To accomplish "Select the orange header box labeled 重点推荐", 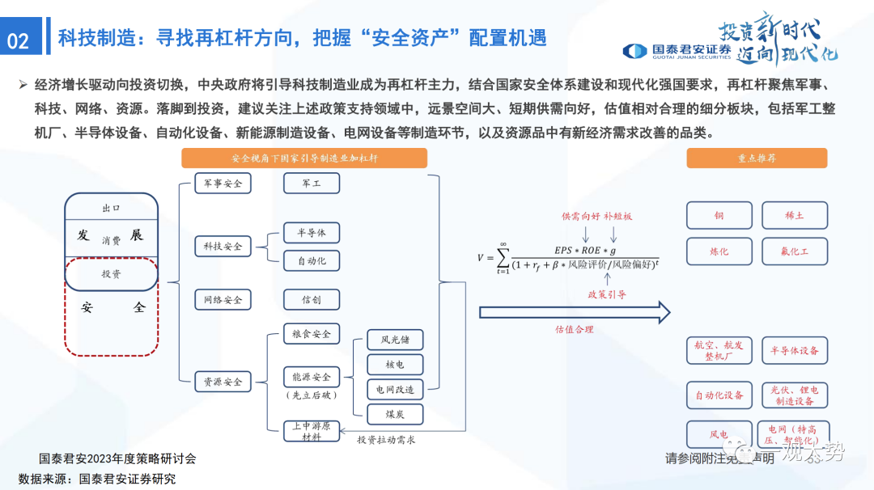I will point(757,158).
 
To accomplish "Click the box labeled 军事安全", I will point(223,184).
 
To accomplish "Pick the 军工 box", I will point(312,184).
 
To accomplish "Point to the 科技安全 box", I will point(223,246).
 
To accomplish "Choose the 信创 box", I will point(312,300).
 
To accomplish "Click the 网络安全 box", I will point(223,300).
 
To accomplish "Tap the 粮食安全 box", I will point(312,333).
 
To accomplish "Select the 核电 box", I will point(395,365).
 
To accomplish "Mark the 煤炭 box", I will point(395,414).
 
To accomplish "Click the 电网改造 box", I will point(395,390).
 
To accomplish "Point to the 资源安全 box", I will point(223,382).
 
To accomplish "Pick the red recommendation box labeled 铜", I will point(719,216).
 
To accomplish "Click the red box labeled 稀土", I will point(795,216).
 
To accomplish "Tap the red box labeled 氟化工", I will point(795,251).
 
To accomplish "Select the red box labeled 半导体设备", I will point(795,350).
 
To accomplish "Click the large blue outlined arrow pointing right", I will point(575,312).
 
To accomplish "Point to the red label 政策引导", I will point(607,295).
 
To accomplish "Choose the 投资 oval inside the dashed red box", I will point(111,275).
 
